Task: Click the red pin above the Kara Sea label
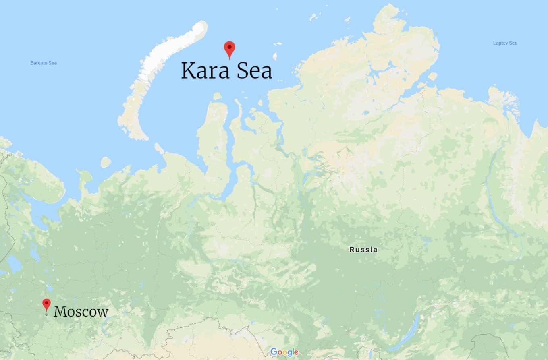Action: [229, 49]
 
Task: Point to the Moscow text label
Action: [81, 312]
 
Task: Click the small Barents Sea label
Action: [44, 63]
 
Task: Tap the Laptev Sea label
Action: [505, 43]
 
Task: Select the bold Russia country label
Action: [363, 250]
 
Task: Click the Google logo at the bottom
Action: [284, 352]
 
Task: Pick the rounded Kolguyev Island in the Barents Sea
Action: [106, 162]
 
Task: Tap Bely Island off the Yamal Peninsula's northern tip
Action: [218, 96]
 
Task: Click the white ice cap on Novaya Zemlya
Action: [177, 48]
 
